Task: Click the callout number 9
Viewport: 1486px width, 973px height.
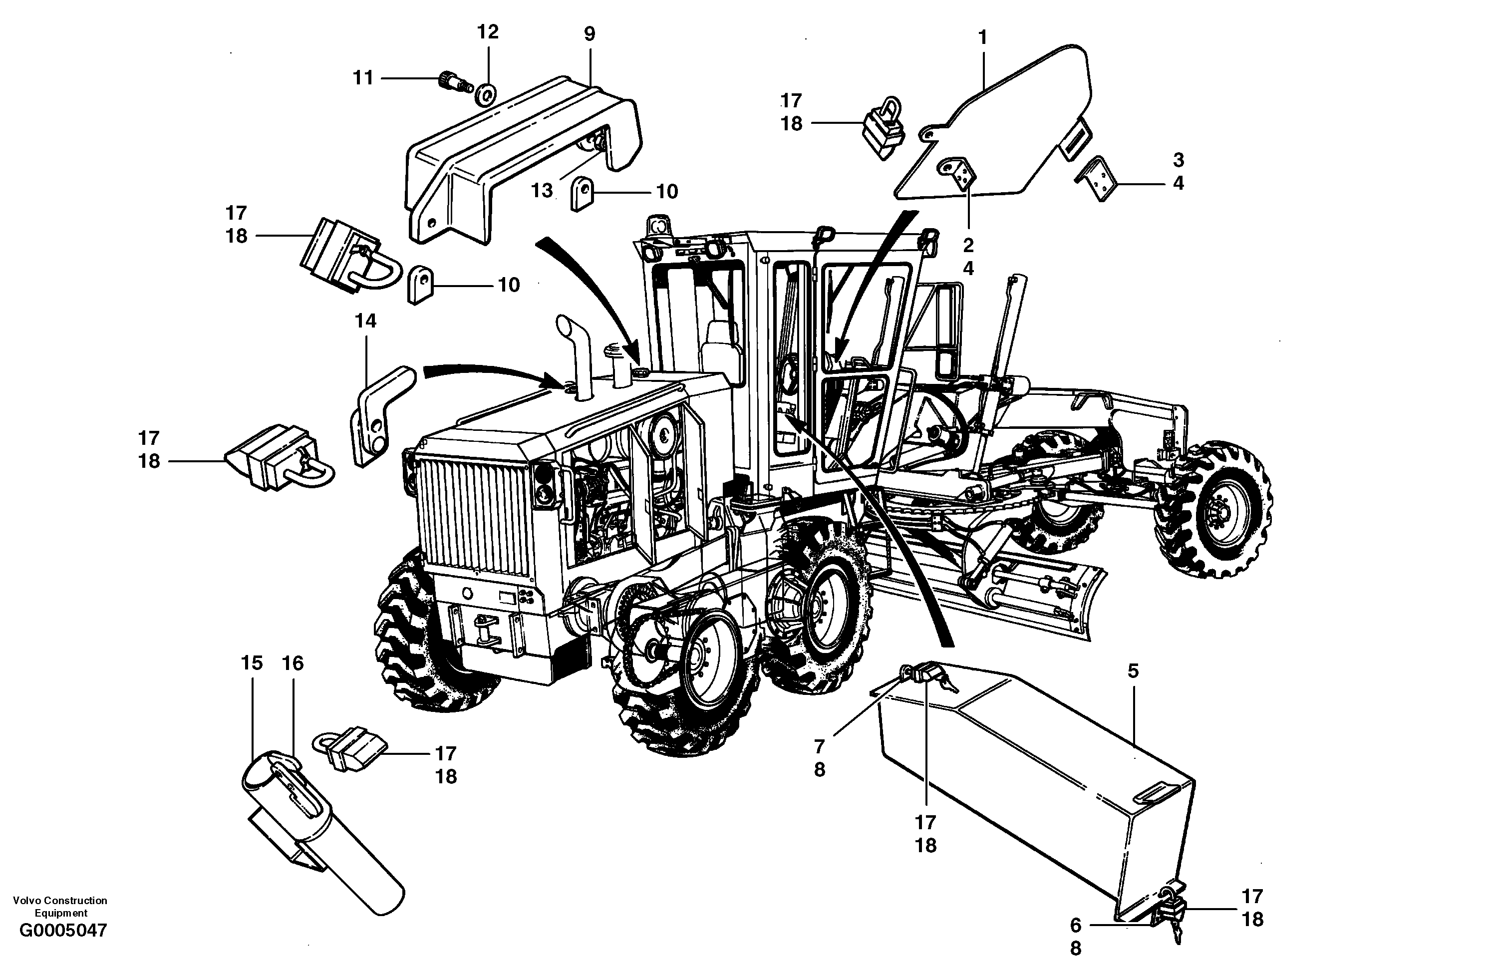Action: point(590,34)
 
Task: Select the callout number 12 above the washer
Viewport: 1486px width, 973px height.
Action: point(488,32)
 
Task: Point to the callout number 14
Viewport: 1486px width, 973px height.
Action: point(365,321)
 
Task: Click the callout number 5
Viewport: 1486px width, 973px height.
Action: point(1133,671)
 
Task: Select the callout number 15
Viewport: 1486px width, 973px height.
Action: point(252,663)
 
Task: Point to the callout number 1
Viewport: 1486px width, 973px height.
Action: point(982,38)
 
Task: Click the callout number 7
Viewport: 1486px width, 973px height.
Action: point(819,746)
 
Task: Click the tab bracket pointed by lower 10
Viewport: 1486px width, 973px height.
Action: point(420,285)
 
